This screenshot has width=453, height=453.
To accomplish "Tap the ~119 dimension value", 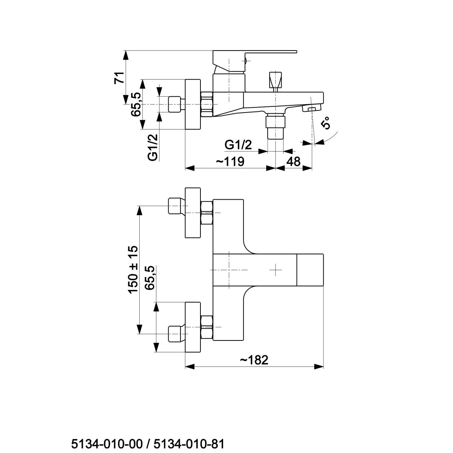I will [230, 162].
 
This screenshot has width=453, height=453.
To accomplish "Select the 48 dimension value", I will [293, 162].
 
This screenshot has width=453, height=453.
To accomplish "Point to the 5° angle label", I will [325, 123].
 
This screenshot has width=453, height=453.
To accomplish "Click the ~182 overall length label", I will [254, 360].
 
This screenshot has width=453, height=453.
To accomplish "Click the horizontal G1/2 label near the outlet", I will [238, 145].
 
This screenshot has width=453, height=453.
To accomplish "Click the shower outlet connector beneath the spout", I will [275, 126].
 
